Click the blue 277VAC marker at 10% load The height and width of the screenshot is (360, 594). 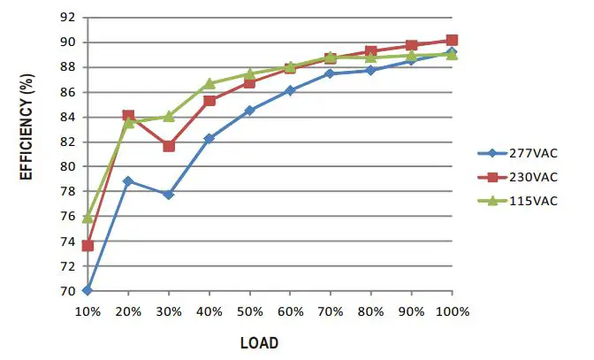pos(88,290)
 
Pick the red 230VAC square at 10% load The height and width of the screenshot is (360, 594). pos(88,245)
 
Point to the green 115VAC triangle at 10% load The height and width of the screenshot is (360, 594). pos(88,218)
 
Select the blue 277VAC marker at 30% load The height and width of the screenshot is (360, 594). pos(169,194)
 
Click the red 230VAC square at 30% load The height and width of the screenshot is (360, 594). pos(169,145)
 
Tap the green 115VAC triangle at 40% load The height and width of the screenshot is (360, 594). pos(209,84)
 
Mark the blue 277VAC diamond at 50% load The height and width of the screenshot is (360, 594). pos(250,111)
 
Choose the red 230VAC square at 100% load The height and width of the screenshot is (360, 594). pos(452,40)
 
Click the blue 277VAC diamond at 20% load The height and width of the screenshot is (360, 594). pos(128,180)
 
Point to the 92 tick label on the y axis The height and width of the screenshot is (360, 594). pos(67,18)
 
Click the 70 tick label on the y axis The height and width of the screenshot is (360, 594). pos(67,291)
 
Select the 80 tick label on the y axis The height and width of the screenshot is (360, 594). pos(67,166)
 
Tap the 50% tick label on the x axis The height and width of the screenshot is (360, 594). pos(250,311)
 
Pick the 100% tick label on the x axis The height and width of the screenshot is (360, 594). pos(452,311)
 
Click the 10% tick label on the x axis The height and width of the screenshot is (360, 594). pos(88,311)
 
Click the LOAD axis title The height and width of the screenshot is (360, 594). pos(261,342)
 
